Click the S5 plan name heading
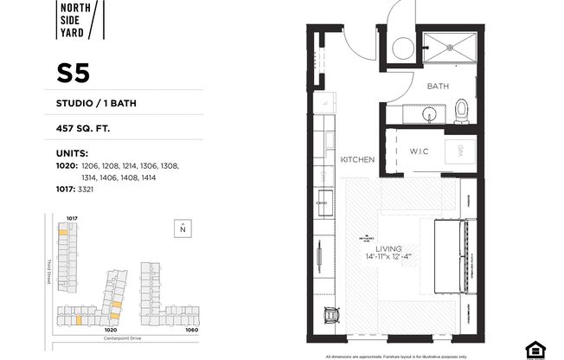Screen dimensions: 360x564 click(x=74, y=74)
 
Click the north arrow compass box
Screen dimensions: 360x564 click(x=183, y=228)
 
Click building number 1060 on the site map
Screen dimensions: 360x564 click(x=191, y=330)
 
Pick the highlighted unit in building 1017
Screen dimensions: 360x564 click(x=63, y=232)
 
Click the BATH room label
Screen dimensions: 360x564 click(x=438, y=87)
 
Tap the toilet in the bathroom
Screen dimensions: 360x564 click(x=462, y=110)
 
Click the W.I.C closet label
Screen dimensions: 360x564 click(x=419, y=151)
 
